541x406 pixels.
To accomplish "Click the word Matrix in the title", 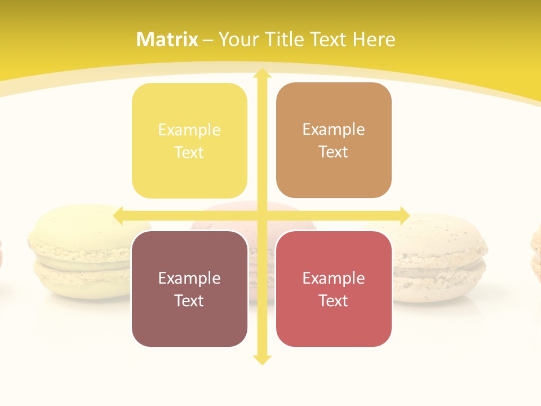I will coord(167,39).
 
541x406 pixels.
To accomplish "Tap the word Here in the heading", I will coord(374,39).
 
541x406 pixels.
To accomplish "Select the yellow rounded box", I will coord(189,141).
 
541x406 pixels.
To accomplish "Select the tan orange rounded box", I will coord(334,140).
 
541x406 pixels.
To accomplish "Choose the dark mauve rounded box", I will coord(189,289).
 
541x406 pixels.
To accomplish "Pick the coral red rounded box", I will coord(334,289).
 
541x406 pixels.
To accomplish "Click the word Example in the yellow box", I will coord(189,130).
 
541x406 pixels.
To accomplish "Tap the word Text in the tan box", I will coord(334,152).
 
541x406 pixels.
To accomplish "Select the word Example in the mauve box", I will coord(189,278).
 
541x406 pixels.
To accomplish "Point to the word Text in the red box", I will coord(334,300).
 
